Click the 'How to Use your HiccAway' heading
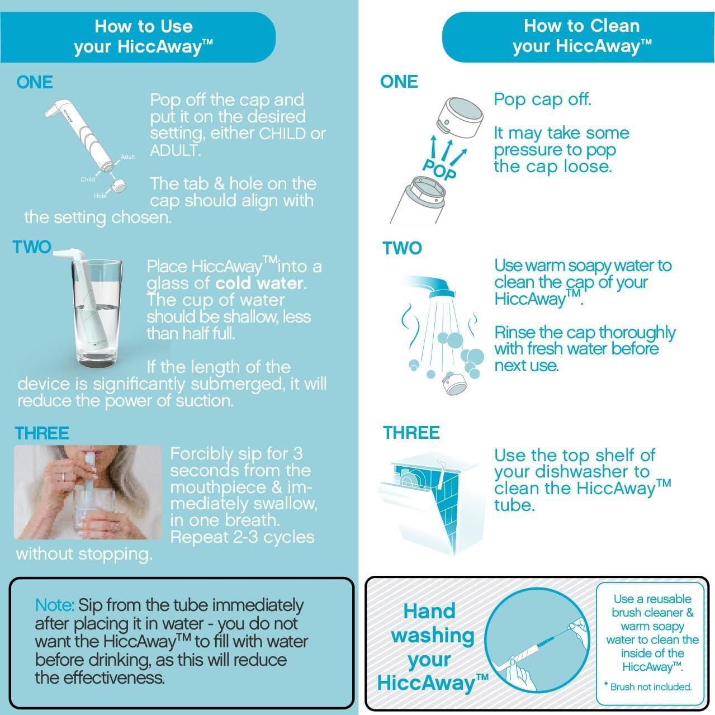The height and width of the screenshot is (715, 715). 143,36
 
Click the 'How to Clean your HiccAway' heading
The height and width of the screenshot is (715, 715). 581,36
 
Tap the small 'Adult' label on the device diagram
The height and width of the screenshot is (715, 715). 128,157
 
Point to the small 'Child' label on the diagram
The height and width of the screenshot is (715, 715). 88,179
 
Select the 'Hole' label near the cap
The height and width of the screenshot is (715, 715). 100,196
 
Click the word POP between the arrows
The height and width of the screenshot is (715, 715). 439,168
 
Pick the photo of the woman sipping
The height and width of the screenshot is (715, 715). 88,493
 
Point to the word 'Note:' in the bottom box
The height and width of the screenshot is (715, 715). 54,605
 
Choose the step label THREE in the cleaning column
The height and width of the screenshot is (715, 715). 411,433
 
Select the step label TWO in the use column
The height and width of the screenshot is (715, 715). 32,247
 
